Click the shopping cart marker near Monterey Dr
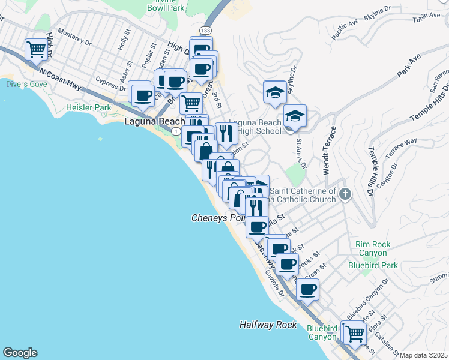[x=37, y=49]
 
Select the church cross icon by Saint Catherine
[x=345, y=194]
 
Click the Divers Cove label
[x=26, y=85]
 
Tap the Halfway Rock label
[x=268, y=325]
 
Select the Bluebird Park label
[x=373, y=265]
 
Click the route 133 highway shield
[x=206, y=30]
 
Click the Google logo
[x=20, y=353]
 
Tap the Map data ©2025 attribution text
[x=423, y=355]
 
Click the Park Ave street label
[x=408, y=67]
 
